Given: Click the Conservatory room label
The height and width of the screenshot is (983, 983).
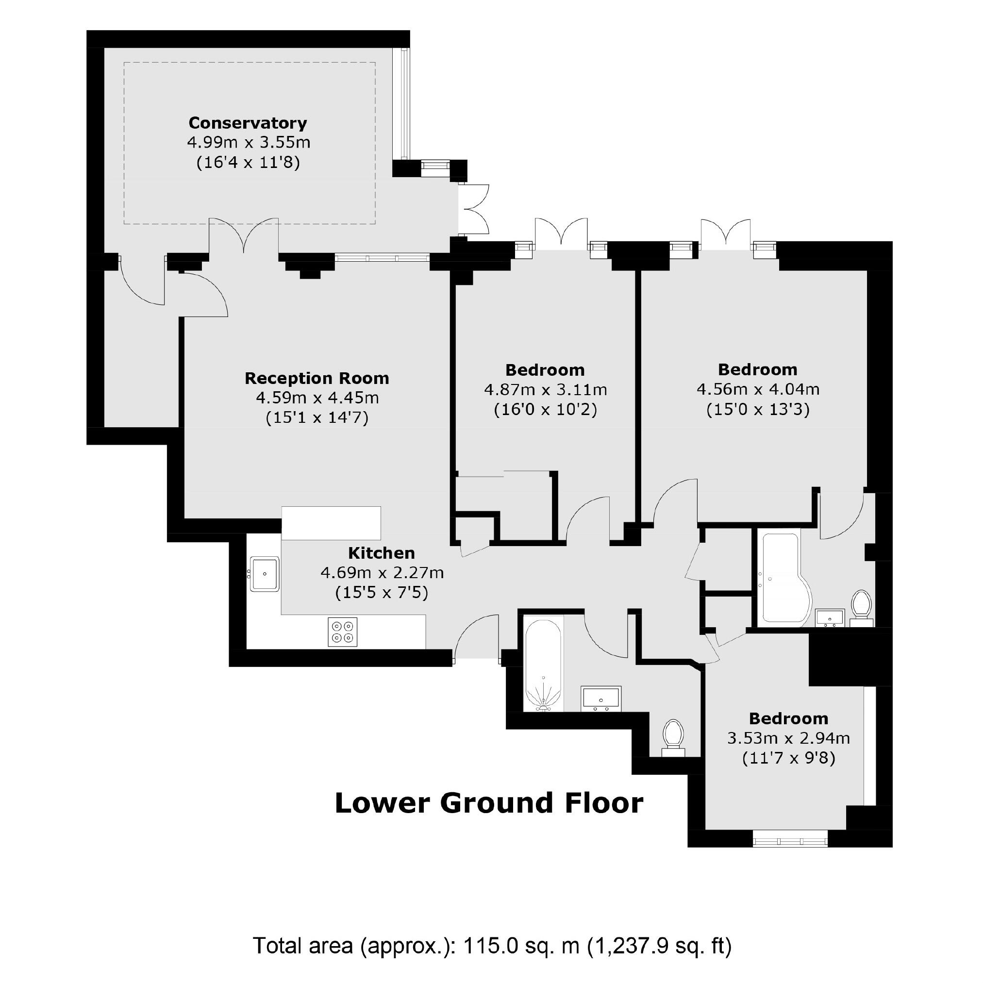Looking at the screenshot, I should [248, 123].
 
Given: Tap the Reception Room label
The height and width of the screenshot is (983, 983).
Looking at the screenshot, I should [317, 378].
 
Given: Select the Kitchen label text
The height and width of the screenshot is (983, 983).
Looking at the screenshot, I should [381, 553].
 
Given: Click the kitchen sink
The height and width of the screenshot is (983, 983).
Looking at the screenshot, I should [265, 574].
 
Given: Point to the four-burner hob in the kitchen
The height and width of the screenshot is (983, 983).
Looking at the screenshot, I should [342, 632].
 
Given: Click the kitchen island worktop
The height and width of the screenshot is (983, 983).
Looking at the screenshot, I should [331, 523].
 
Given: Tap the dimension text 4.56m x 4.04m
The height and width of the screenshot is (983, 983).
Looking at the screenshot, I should [758, 389].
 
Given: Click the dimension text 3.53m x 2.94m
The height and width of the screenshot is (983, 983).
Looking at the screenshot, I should [788, 738].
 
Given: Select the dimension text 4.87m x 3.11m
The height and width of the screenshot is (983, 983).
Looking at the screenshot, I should [546, 390].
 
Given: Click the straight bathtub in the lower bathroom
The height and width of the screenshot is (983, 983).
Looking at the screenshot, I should [543, 664].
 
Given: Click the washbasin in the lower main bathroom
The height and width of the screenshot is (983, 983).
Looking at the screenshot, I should [601, 698].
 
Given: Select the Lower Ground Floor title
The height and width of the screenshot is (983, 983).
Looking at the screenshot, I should [489, 803].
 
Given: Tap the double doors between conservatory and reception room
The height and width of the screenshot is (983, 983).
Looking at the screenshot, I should [244, 235].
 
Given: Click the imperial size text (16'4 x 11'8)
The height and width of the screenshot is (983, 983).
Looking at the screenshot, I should [248, 163].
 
